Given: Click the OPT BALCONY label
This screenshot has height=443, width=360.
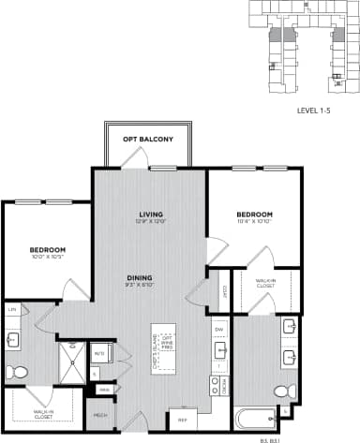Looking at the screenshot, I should click(x=148, y=140).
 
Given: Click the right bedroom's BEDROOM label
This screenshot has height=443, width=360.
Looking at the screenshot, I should click(x=253, y=214).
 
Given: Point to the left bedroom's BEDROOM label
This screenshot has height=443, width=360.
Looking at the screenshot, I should click(x=45, y=250).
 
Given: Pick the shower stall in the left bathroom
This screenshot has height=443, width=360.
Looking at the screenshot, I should click(x=72, y=359).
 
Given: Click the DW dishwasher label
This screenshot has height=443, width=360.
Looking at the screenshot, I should click(x=217, y=330).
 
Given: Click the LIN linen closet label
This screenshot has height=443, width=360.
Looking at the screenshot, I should click(x=13, y=308).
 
